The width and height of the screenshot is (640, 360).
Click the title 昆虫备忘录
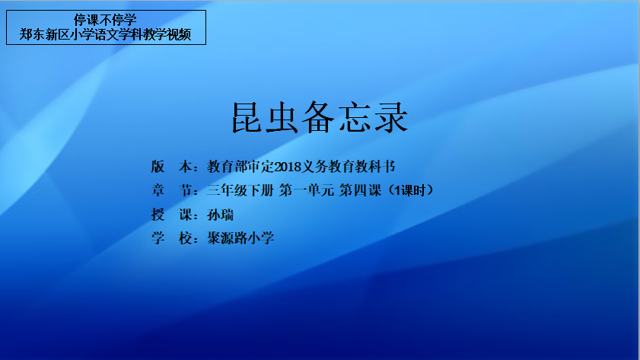[320, 117]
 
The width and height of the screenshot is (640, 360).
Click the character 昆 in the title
[247, 117]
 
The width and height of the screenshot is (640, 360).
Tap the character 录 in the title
[392, 117]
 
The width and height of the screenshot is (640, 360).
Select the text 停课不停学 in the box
[105, 20]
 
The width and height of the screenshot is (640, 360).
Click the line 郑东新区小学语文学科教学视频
[105, 34]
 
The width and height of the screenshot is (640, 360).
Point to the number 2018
[288, 167]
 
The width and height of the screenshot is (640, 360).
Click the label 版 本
[171, 167]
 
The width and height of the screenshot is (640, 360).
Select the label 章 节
[171, 190]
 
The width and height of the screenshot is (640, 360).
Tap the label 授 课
[171, 215]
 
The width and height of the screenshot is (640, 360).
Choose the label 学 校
[171, 238]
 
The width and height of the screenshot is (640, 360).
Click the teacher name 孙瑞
[221, 215]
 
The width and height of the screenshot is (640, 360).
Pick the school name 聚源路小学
[240, 238]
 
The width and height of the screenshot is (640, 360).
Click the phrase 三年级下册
[240, 190]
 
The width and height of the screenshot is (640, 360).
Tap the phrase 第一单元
[306, 190]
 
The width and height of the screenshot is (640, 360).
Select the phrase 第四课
[360, 190]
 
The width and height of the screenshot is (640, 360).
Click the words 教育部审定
[240, 167]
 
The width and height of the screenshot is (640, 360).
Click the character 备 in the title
[318, 117]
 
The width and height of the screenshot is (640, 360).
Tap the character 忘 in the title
[355, 117]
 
